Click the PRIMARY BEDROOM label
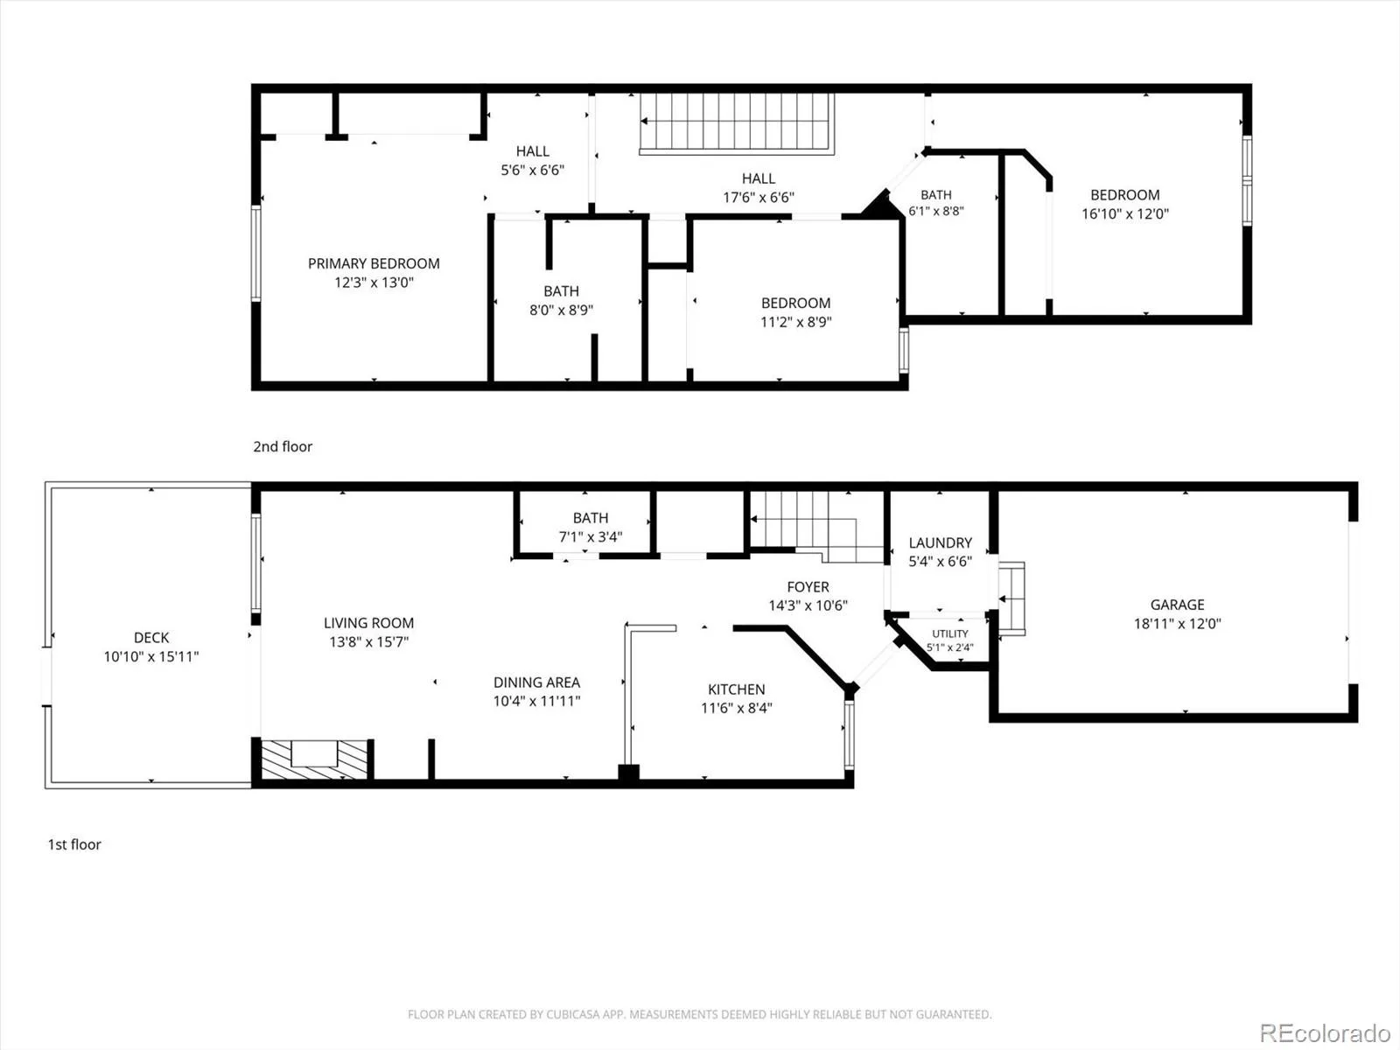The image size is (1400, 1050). pos(374,263)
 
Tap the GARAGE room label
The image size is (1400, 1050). pos(1178,605)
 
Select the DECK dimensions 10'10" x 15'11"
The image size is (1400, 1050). pos(151,656)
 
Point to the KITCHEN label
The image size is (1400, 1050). pos(736,689)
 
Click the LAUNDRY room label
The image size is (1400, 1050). pos(940,542)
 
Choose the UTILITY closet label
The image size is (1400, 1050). pos(949,633)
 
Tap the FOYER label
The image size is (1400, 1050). pos(808,586)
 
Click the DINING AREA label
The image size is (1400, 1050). pos(536,682)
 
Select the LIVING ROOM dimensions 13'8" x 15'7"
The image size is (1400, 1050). pos(368,642)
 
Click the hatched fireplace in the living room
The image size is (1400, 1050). pos(314,759)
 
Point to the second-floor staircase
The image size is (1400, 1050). pos(737,123)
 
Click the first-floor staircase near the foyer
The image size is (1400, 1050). pos(817,527)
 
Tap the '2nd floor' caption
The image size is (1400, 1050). pos(283,446)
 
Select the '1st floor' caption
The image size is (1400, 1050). pos(74,844)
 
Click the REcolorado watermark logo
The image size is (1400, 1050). pos(1325,1032)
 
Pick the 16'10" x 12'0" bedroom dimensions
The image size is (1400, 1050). pos(1125,214)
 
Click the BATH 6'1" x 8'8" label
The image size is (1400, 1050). pos(935,203)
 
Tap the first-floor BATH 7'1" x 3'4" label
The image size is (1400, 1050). pos(591,528)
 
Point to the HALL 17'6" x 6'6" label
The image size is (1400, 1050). pos(759,188)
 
